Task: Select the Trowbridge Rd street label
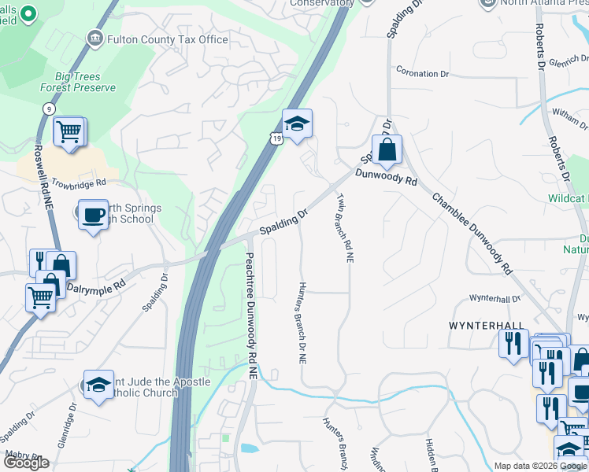[x=78, y=183]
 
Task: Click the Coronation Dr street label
[x=422, y=73]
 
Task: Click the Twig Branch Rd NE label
[x=343, y=227]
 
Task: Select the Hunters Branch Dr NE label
[x=300, y=323]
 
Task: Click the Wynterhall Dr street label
[x=495, y=299]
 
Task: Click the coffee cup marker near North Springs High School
[x=94, y=214]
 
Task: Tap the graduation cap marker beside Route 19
[x=297, y=124]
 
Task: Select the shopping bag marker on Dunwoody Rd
[x=387, y=149]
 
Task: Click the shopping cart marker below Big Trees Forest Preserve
[x=69, y=131]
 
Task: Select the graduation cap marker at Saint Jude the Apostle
[x=98, y=385]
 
